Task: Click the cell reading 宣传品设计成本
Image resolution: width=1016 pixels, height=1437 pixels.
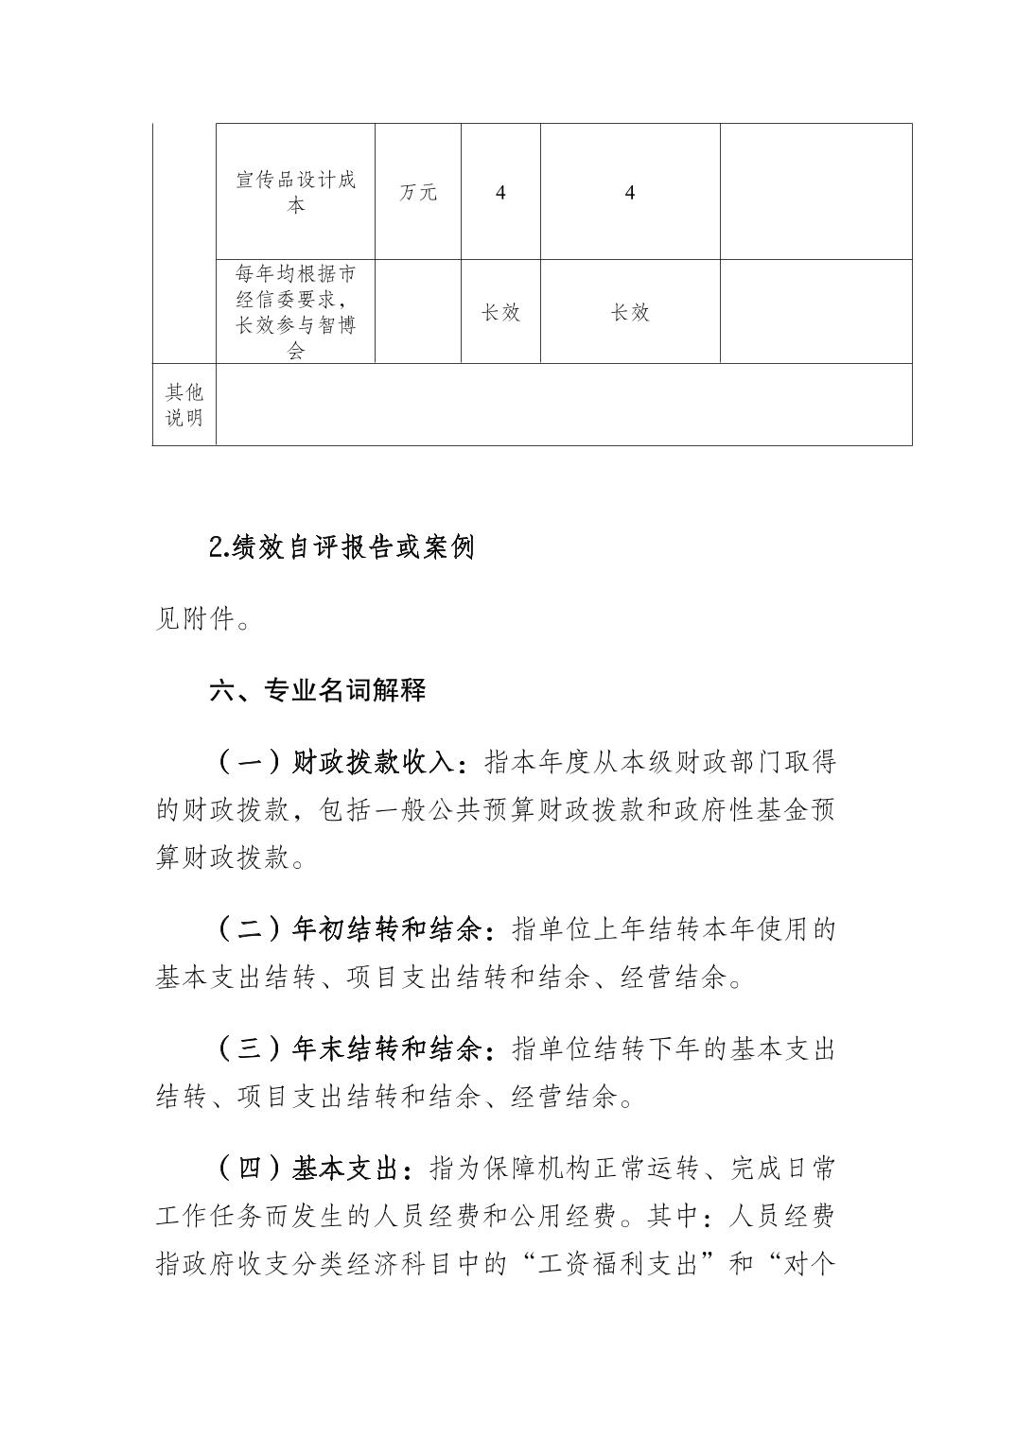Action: [295, 192]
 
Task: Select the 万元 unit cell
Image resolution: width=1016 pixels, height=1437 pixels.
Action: [417, 193]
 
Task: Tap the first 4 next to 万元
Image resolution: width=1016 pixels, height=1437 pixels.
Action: [500, 193]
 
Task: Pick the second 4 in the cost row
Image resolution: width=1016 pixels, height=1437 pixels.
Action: [630, 193]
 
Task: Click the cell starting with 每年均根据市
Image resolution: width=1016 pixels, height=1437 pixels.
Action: [295, 312]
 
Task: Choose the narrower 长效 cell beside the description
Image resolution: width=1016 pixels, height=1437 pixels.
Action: [500, 312]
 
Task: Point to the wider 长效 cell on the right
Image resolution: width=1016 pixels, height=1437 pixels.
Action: [630, 312]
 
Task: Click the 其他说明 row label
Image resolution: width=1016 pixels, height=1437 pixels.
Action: [184, 405]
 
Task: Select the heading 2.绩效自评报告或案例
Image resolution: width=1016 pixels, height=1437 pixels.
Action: [341, 547]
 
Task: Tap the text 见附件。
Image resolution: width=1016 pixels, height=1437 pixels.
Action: [202, 621]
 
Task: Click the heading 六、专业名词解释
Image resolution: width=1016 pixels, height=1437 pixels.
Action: [318, 690]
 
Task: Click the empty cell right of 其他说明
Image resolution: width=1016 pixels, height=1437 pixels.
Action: [564, 405]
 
